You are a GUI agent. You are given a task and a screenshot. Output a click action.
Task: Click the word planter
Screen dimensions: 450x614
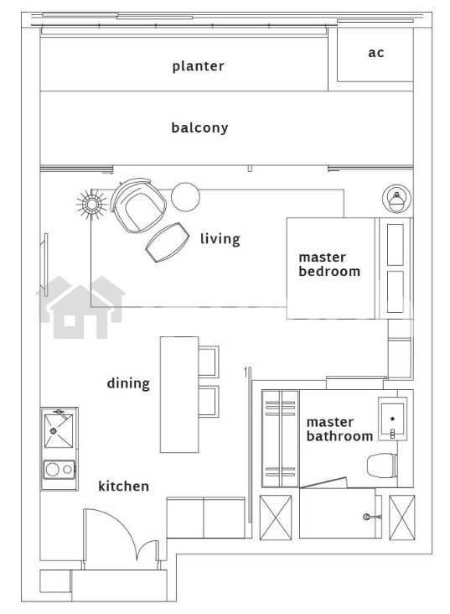tap(198, 66)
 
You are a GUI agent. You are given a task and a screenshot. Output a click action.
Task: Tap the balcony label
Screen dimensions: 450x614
tap(199, 127)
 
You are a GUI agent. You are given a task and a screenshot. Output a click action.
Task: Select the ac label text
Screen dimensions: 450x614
tap(376, 53)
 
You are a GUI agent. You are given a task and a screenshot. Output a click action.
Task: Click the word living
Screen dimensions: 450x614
tap(220, 238)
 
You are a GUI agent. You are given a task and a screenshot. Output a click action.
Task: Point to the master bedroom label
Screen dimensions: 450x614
tap(329, 264)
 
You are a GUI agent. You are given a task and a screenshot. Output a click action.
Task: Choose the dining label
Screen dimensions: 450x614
tap(128, 383)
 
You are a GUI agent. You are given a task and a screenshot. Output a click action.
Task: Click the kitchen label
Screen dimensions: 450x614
tap(123, 486)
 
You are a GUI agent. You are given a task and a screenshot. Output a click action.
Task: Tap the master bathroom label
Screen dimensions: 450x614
tap(339, 429)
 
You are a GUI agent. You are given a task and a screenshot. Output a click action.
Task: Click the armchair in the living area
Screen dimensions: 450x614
tap(138, 205)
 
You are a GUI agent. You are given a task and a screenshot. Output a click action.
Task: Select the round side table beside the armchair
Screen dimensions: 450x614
tap(185, 197)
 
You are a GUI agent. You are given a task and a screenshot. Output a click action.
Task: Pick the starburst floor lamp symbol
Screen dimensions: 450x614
tap(92, 204)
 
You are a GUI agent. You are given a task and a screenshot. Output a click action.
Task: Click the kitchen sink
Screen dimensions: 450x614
tap(59, 430)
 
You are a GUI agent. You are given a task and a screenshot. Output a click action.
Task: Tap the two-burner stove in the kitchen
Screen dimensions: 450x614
tap(59, 469)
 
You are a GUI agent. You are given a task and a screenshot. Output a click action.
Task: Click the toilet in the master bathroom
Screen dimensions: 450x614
tap(382, 466)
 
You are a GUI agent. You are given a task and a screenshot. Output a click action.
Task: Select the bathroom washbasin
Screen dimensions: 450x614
tap(392, 419)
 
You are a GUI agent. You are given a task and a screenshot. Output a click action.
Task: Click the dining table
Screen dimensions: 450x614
tap(179, 395)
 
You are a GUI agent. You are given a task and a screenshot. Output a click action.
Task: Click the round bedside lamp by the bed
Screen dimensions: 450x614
tap(396, 199)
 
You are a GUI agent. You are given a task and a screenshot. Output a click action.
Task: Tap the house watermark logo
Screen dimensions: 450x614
tap(80, 307)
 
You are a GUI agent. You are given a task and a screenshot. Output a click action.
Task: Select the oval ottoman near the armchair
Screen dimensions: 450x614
tap(168, 242)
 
